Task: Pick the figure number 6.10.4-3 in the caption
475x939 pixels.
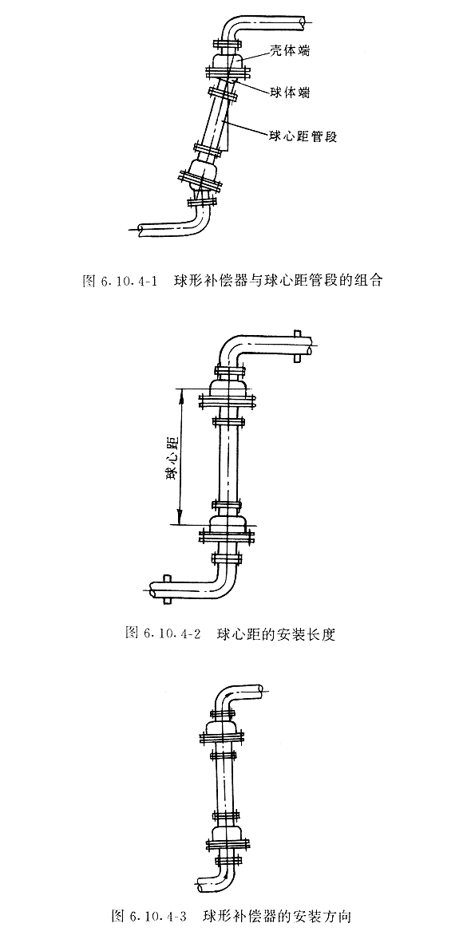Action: [158, 916]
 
